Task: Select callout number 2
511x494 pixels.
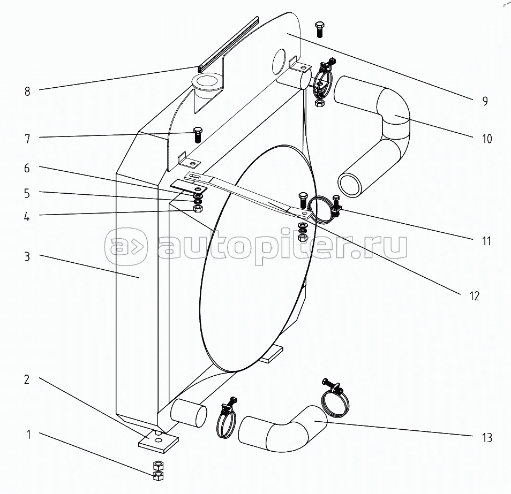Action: [x=27, y=379]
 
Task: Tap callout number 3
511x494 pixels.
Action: [x=27, y=256]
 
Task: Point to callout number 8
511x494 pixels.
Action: [x=27, y=91]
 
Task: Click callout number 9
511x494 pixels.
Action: [x=485, y=101]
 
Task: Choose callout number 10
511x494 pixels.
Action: [x=486, y=139]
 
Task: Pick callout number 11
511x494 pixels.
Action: [x=486, y=241]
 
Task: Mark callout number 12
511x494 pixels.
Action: [x=475, y=295]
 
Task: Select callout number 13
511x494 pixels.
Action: [x=486, y=438]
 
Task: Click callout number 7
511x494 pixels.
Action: [x=27, y=139]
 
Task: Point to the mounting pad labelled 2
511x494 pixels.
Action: [x=158, y=440]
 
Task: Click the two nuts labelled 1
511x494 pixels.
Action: [x=158, y=469]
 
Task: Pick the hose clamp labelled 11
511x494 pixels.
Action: [x=324, y=209]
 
